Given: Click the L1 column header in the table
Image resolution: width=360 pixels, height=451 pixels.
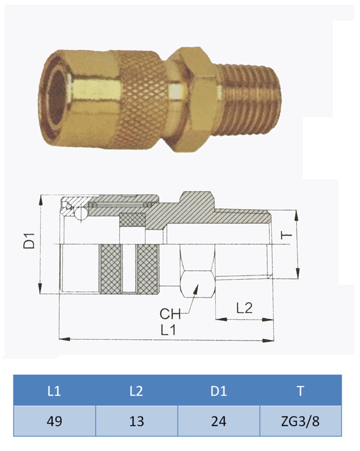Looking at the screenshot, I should tap(54, 391).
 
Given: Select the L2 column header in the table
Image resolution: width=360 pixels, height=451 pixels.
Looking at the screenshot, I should tap(136, 391).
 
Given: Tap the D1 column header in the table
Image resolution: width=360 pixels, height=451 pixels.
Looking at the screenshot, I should tap(219, 391).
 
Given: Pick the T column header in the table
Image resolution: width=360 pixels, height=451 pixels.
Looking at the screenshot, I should tap(300, 391).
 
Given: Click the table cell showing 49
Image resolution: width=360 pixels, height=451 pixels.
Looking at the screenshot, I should tap(54, 421).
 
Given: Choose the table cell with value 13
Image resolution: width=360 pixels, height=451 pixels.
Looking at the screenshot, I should tap(136, 421).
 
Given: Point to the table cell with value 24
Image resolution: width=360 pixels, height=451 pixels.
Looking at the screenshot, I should tap(219, 421).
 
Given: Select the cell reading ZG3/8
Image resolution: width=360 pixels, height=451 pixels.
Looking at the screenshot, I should tap(300, 421).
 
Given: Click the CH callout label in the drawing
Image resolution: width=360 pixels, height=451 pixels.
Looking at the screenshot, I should tap(170, 314).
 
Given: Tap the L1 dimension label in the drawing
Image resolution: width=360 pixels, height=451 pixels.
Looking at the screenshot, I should tap(168, 330).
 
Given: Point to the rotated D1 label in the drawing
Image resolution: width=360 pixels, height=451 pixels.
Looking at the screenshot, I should tap(29, 240).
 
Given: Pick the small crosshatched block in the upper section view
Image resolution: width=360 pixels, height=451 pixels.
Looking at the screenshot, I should tap(132, 220).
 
